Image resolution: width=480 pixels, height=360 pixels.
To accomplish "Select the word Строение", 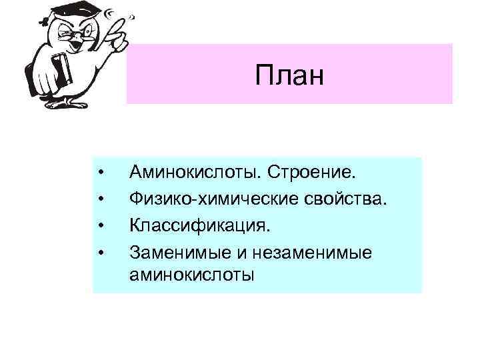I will point(312,173).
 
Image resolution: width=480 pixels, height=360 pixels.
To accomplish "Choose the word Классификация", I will point(201,225).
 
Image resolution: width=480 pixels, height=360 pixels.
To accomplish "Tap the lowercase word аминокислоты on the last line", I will point(192,274).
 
